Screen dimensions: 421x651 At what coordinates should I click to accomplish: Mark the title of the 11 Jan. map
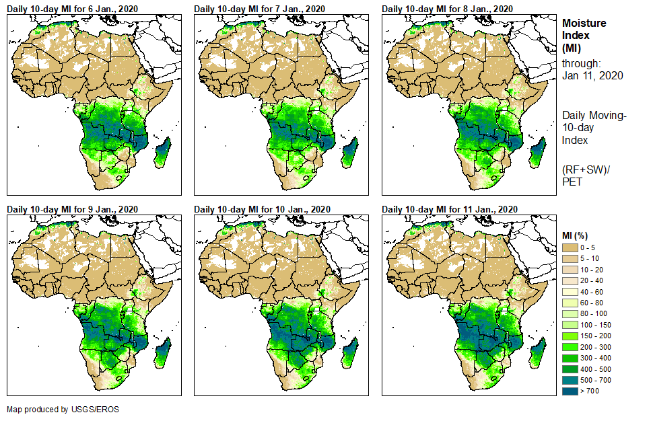449,209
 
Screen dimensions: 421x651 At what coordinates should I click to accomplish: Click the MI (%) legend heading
578,235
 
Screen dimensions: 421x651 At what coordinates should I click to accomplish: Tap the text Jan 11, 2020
592,75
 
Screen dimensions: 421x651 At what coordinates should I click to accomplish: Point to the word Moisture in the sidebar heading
584,23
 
